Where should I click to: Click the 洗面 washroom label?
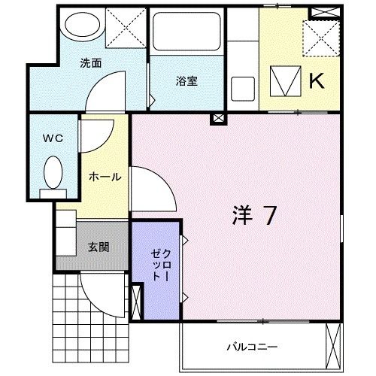click(91, 63)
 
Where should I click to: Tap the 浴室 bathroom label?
click(187, 81)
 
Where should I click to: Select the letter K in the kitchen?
click(316, 80)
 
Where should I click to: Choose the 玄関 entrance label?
click(98, 246)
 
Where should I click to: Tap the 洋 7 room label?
click(252, 215)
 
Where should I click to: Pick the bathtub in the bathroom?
click(184, 34)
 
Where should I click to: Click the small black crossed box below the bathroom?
click(217, 118)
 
